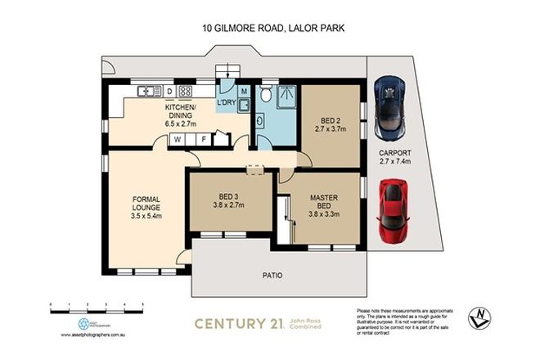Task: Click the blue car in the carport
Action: pyautogui.click(x=390, y=108)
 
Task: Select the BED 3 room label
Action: pyautogui.click(x=228, y=201)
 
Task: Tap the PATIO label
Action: pyautogui.click(x=272, y=275)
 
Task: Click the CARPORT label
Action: pyautogui.click(x=394, y=157)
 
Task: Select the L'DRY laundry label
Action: pyautogui.click(x=226, y=102)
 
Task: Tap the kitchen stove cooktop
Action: pyautogui.click(x=186, y=90)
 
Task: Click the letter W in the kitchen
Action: pyautogui.click(x=177, y=140)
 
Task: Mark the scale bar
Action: pyautogui.click(x=97, y=303)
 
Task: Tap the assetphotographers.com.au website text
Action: pyautogui.click(x=97, y=335)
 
